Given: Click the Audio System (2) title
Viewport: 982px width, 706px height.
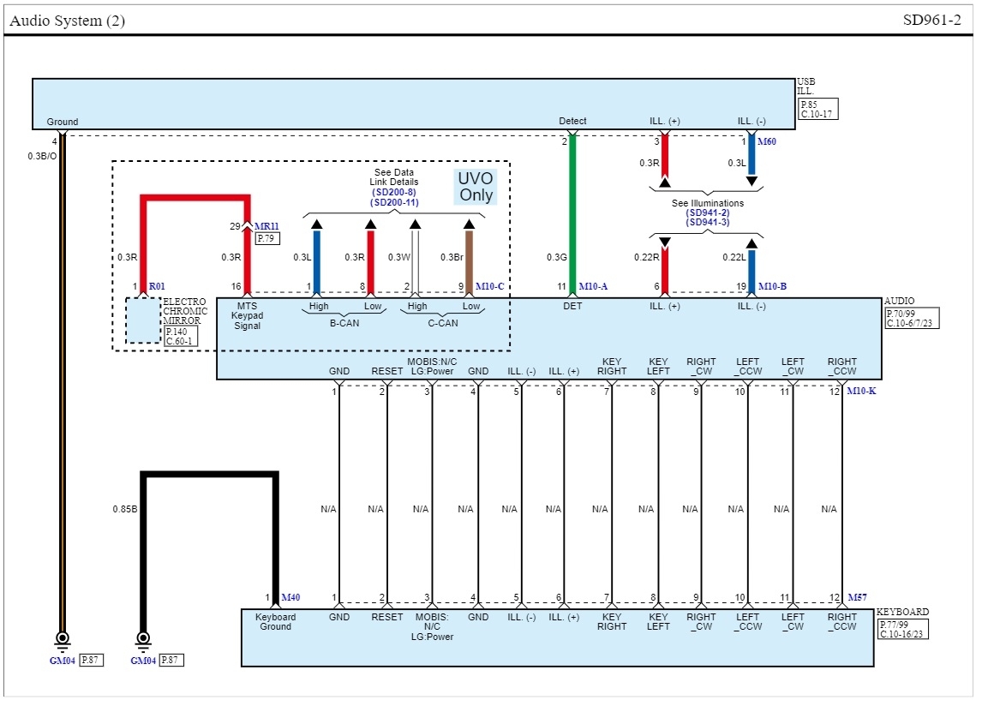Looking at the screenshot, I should tap(68, 21).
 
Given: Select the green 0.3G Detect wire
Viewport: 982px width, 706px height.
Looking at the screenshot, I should tap(572, 214).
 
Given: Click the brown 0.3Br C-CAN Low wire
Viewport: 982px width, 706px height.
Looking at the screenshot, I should tap(469, 257).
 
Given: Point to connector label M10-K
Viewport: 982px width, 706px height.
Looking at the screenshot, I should tap(862, 391).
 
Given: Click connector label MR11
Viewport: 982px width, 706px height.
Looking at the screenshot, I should tap(267, 226).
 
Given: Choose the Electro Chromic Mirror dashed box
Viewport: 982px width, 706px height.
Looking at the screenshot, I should tap(143, 320).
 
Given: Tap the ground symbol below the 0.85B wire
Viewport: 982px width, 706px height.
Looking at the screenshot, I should tap(143, 639).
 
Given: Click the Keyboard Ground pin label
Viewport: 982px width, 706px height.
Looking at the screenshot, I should tap(275, 622).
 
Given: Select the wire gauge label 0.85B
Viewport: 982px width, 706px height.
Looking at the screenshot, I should tap(125, 509).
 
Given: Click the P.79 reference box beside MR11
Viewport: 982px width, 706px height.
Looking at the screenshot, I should tap(266, 239).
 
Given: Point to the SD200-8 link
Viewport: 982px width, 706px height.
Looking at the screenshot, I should tap(394, 192).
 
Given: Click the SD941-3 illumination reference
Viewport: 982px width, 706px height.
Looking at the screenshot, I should tap(707, 222).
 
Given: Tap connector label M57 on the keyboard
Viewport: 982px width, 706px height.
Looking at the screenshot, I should tap(857, 597).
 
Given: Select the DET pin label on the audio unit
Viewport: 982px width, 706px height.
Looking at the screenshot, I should tap(572, 306).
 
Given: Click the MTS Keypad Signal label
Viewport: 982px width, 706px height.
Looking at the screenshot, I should tap(247, 315).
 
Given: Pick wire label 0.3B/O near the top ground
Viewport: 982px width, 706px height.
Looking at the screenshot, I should tap(42, 156).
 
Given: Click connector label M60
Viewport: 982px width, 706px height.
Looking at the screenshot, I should tap(768, 141).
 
